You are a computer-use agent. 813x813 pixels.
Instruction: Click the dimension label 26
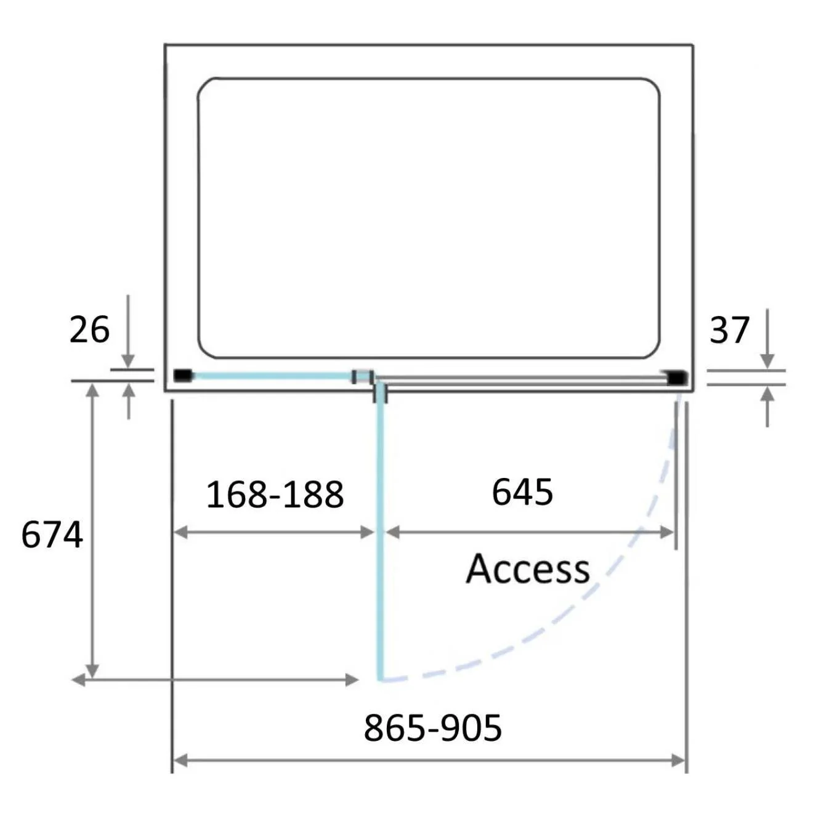89,330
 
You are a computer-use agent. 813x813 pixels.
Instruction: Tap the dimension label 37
729,330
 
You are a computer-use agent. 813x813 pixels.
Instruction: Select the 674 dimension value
52,535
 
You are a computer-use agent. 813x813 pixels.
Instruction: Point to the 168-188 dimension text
275,494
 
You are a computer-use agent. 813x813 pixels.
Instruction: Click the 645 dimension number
522,491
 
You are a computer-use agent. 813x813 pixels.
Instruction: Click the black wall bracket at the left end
183,374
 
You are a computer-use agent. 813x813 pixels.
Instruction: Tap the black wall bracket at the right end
677,377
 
